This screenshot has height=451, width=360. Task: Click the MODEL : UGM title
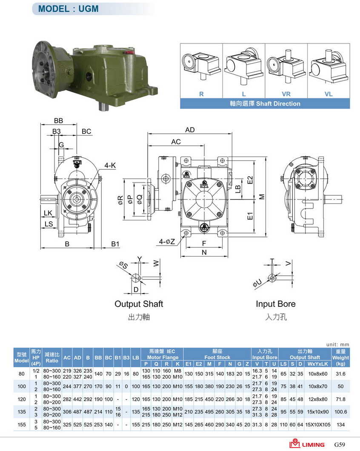pos(68,9)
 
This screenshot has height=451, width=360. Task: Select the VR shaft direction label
pos(286,94)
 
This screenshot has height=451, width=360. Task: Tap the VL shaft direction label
pos(329,94)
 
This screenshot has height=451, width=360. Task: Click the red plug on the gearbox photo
pos(130,52)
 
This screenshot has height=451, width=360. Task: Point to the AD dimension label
pos(190,130)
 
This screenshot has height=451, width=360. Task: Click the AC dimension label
pos(176,142)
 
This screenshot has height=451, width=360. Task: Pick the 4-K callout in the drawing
pos(110,166)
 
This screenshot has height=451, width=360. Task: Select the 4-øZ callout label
pos(167,242)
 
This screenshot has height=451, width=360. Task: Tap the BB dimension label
pos(58,121)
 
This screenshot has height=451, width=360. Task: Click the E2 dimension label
pos(250,180)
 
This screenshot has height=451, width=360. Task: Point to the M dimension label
pos(262,197)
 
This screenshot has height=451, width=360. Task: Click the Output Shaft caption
pos(139,304)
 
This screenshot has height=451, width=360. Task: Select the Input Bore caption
pos(276,304)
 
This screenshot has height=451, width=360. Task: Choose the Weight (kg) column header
pos(340,357)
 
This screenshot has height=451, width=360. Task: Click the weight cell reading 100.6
pos(340,412)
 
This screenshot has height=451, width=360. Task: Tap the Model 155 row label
pos(22,425)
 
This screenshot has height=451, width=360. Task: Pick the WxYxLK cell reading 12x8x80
pos(318,399)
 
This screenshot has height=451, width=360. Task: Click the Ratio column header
pos(52,357)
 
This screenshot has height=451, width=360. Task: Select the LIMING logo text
pos(313,445)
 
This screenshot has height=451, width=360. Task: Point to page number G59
pos(339,444)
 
